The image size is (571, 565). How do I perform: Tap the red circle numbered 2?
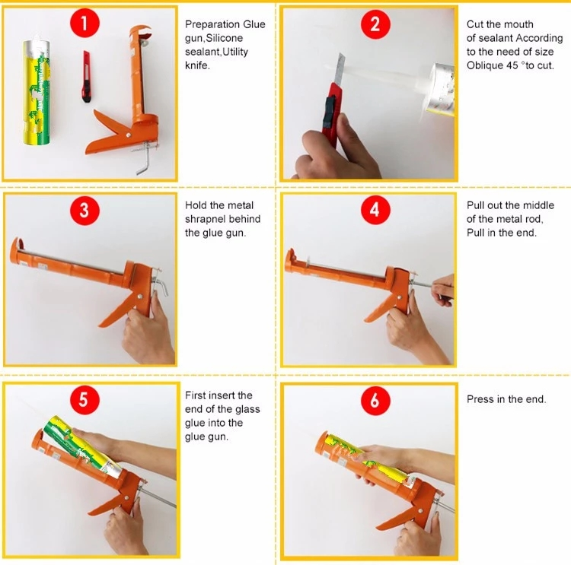pyautogui.click(x=374, y=24)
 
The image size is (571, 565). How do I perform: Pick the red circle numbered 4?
pyautogui.click(x=374, y=211)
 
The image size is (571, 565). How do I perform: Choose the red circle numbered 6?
pyautogui.click(x=374, y=400)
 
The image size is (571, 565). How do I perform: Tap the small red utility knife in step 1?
pyautogui.click(x=86, y=76)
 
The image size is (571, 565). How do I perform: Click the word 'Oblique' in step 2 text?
pyautogui.click(x=486, y=65)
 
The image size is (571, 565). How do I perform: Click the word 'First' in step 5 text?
pyautogui.click(x=196, y=395)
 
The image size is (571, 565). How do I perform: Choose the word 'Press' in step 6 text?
pyautogui.click(x=481, y=399)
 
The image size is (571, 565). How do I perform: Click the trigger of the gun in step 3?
pyautogui.click(x=114, y=312)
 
